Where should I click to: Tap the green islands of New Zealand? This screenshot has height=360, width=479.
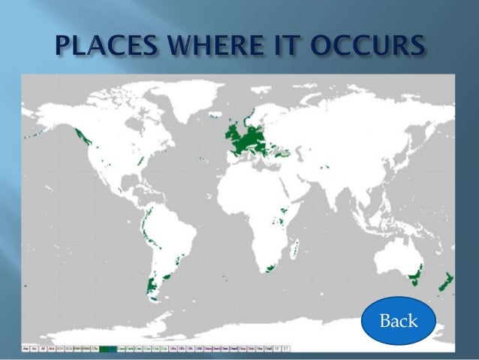(445, 283)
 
